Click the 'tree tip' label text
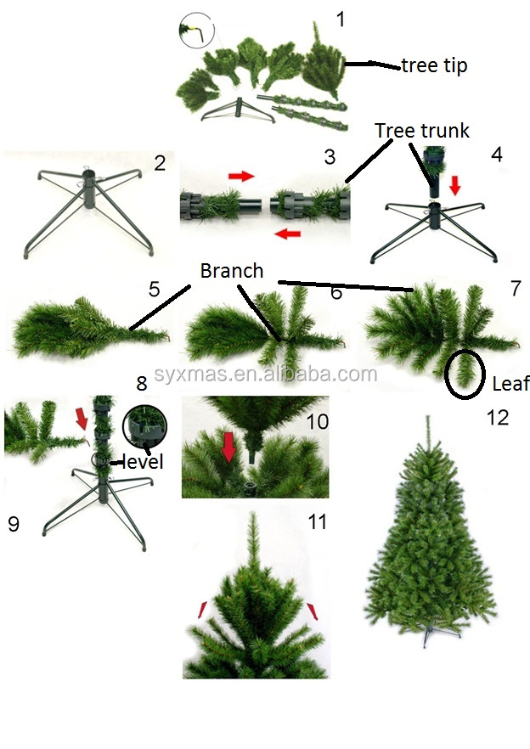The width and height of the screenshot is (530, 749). click(x=434, y=65)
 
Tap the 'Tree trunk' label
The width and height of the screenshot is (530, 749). click(x=422, y=130)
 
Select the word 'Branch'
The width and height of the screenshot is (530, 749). click(x=232, y=271)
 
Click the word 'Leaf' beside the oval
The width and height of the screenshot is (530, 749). click(x=510, y=383)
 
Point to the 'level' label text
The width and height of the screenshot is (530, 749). click(x=142, y=461)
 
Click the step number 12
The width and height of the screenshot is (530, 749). click(x=498, y=418)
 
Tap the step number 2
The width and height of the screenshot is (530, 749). click(x=160, y=163)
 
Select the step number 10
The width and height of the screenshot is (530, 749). click(x=318, y=421)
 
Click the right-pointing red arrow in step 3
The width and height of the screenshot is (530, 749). click(x=241, y=177)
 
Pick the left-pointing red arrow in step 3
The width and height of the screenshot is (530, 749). click(x=288, y=234)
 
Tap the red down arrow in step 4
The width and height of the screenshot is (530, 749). click(x=454, y=186)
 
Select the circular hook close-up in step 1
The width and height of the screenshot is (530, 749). click(x=197, y=30)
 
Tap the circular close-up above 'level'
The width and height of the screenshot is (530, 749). click(x=145, y=427)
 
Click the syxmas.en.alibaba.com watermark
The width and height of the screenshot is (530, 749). click(x=265, y=374)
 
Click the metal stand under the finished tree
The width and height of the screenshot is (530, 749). click(x=437, y=634)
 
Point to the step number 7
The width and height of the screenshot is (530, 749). click(x=516, y=288)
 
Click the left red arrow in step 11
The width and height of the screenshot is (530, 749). click(x=203, y=610)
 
